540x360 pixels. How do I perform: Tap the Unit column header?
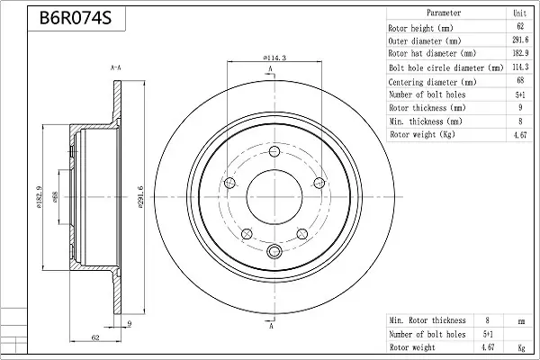pyautogui.click(x=520, y=13)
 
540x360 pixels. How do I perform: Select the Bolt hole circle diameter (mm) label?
pyautogui.click(x=445, y=67)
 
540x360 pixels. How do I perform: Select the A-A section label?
pyautogui.click(x=116, y=67)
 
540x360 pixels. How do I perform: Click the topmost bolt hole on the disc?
pyautogui.click(x=272, y=153)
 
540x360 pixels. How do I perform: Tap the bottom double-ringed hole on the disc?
pyautogui.click(x=272, y=251)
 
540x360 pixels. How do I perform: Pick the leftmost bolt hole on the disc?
pyautogui.click(x=229, y=184)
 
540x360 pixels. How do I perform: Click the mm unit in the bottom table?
pyautogui.click(x=520, y=319)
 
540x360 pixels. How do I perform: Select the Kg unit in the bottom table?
pyautogui.click(x=520, y=346)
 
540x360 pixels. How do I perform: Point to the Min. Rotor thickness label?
pyautogui.click(x=427, y=319)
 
